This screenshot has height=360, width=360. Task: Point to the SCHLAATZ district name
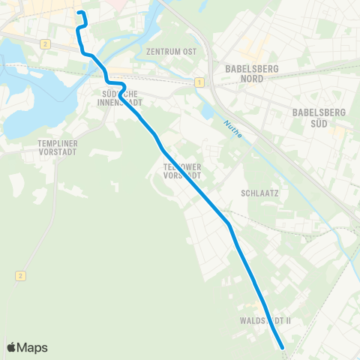click(260, 193)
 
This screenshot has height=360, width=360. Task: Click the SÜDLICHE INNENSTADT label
click(121, 98)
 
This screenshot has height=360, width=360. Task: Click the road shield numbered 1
click(199, 81)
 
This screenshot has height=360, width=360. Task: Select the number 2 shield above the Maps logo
click(19, 276)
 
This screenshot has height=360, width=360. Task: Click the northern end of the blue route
click(79, 13)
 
